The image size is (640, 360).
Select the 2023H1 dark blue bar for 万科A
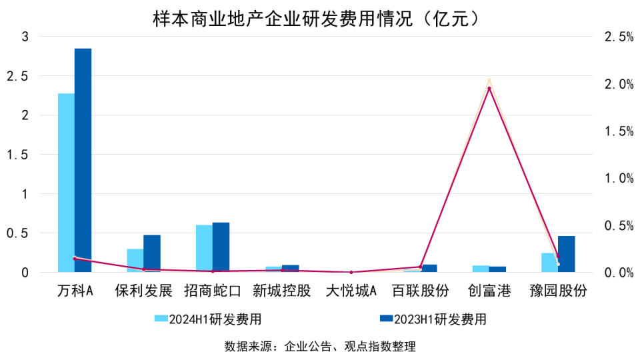[83, 160]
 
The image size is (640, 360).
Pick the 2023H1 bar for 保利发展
[152, 253]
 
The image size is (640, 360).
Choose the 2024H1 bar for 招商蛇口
[204, 248]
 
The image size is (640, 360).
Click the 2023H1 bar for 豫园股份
[566, 254]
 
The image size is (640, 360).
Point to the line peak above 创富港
[489, 87]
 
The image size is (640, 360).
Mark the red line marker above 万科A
[75, 258]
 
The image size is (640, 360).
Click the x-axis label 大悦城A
[351, 291]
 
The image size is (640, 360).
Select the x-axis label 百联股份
[420, 291]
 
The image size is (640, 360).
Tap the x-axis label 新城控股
[281, 291]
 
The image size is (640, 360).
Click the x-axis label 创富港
[489, 291]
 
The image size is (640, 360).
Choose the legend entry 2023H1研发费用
[433, 319]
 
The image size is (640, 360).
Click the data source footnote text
[320, 347]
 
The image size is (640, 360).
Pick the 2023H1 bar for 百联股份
[429, 268]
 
